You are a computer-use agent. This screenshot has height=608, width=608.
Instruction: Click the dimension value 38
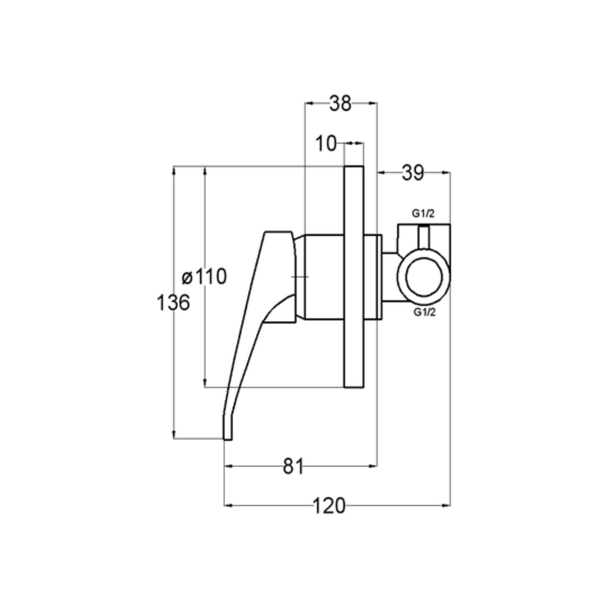tap(340, 103)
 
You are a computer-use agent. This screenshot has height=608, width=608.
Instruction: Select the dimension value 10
tap(326, 143)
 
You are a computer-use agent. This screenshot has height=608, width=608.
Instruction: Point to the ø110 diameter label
tap(204, 276)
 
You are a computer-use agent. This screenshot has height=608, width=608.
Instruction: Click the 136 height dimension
tap(173, 303)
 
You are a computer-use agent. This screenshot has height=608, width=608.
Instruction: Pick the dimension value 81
tap(293, 466)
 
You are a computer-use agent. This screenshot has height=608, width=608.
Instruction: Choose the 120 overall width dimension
tap(329, 506)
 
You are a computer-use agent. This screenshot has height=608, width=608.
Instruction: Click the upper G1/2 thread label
tap(423, 213)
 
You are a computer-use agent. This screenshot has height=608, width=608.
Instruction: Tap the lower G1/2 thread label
tap(424, 312)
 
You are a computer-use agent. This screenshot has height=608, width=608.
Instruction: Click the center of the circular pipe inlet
tap(424, 277)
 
